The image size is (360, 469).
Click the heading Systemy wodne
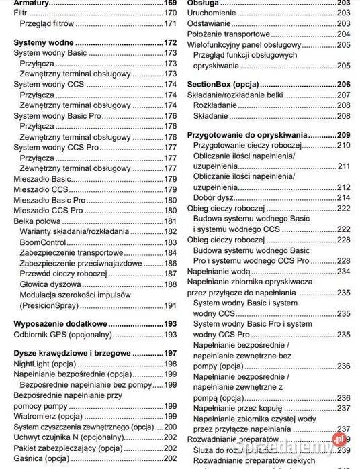point(47,43)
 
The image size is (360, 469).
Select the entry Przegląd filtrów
point(50,23)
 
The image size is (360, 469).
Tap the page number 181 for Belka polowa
point(170,221)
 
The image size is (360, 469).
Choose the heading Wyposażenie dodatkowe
point(61,323)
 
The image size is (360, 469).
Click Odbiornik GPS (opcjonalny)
point(62,334)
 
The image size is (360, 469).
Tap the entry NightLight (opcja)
point(45,364)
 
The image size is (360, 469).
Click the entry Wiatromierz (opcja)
point(48,416)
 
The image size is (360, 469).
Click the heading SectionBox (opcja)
point(222,85)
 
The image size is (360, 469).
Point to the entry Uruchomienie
point(214,13)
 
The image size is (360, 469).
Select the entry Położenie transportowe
point(228,34)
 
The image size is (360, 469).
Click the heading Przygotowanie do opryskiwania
point(246,134)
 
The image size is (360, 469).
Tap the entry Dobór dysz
point(217,197)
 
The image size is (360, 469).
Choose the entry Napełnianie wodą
point(218,271)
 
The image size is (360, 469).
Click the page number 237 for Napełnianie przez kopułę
point(344,407)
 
